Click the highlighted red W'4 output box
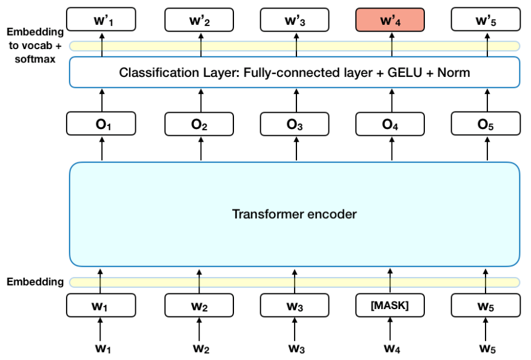(390, 21)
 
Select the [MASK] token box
(390, 306)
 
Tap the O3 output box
(295, 125)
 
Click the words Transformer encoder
(295, 214)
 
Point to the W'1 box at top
(102, 21)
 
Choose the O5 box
(486, 125)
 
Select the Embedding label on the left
(35, 282)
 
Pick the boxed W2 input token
(199, 306)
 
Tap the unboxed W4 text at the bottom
(390, 348)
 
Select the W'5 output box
(486, 21)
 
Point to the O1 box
(102, 125)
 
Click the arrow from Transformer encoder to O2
(199, 150)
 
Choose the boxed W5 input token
(486, 306)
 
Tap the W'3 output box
(295, 21)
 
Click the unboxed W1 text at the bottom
(102, 348)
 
